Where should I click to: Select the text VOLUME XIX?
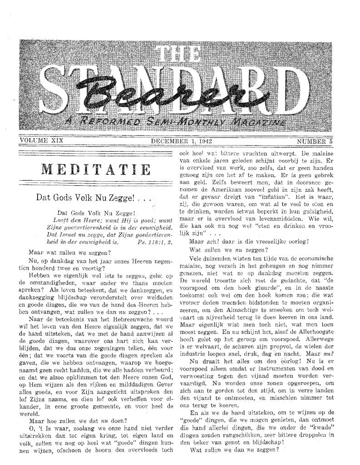click(x=41, y=141)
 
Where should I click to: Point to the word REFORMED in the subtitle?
click(x=104, y=122)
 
